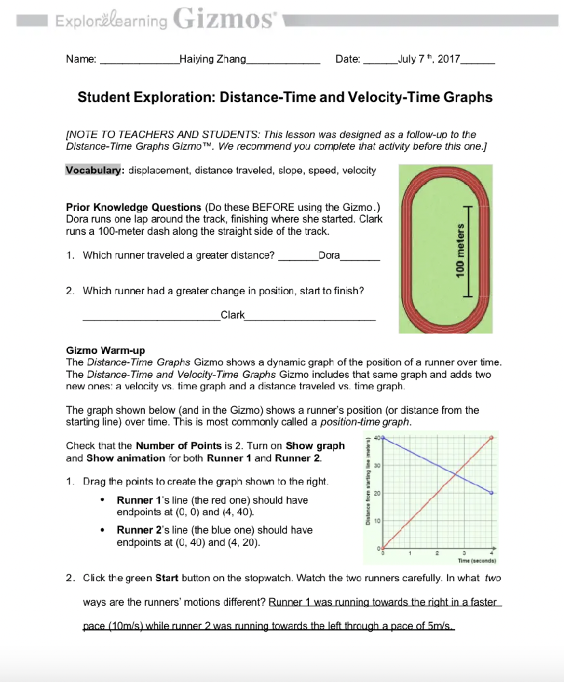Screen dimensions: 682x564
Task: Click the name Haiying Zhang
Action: tap(213, 59)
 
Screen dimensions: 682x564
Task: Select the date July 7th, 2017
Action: tap(429, 59)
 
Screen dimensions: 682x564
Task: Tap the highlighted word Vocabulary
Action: tap(94, 170)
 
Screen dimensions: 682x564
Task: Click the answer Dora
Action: tap(329, 255)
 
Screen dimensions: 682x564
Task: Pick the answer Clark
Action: tap(233, 315)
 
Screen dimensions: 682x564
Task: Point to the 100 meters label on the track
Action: tap(460, 250)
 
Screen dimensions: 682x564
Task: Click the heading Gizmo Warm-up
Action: tap(105, 350)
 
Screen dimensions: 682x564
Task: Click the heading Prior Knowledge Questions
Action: tap(133, 207)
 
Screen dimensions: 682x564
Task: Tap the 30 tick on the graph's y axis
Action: tap(377, 465)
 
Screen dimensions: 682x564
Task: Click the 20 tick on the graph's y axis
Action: tap(377, 493)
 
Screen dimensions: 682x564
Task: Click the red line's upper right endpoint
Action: tap(492, 437)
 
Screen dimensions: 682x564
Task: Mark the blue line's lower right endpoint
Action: tap(492, 493)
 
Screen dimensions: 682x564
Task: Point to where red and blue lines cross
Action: tap(455, 475)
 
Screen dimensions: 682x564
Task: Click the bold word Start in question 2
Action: tap(166, 578)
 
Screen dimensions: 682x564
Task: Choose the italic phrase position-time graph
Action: tap(365, 422)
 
